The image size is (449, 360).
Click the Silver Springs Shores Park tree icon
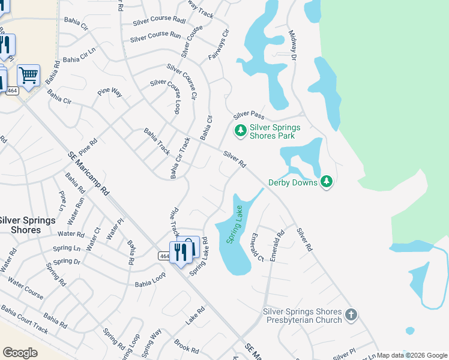[240, 130]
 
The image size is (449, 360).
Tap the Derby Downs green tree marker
[327, 181]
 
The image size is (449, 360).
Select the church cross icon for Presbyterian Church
[352, 314]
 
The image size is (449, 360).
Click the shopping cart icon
[28, 75]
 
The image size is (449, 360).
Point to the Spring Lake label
[234, 224]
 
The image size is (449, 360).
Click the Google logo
[20, 353]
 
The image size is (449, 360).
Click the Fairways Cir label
[220, 44]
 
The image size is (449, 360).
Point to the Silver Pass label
[249, 114]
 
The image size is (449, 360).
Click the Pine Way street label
[110, 92]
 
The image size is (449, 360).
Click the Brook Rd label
[186, 346]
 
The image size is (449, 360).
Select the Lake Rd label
[195, 316]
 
